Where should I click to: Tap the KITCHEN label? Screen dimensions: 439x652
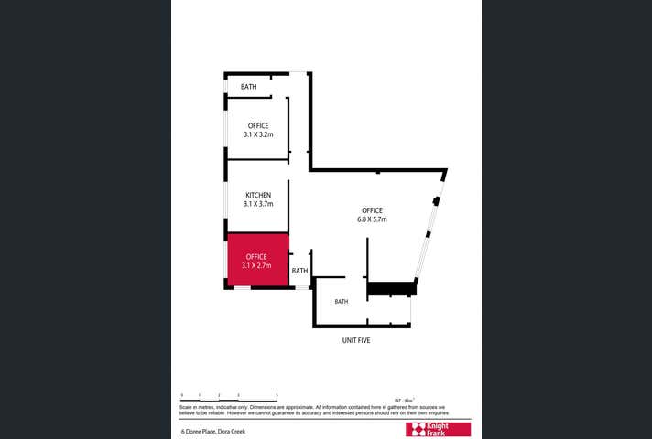click(258, 195)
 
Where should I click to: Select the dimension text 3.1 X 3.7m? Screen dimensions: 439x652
click(258, 204)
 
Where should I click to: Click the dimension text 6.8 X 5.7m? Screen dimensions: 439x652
click(373, 219)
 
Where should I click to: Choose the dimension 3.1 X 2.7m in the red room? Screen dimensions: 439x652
click(257, 266)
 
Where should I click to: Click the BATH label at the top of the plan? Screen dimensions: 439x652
click(248, 87)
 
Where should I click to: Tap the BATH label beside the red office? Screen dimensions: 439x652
click(299, 271)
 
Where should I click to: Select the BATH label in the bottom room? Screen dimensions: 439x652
click(341, 302)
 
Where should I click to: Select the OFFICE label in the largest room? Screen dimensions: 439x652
click(372, 210)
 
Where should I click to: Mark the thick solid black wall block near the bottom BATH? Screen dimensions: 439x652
click(391, 289)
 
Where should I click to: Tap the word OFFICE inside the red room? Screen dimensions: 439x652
click(256, 257)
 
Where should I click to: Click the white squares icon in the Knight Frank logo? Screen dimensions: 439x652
click(416, 429)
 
